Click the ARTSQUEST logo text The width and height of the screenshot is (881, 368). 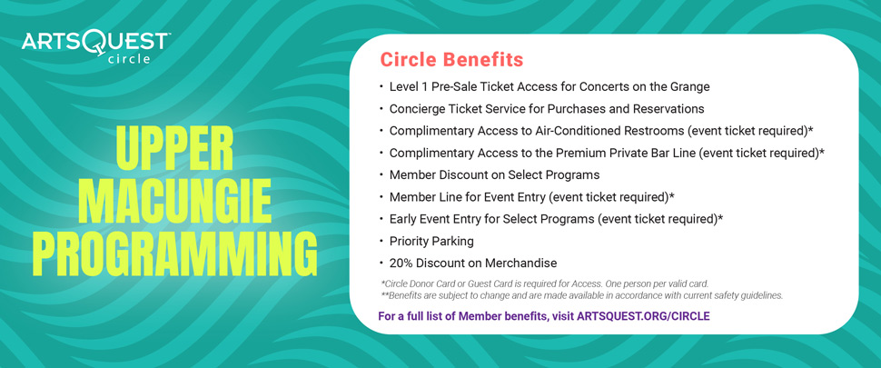95,43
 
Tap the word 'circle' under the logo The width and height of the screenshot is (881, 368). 130,59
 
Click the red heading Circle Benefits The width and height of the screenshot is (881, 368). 451,60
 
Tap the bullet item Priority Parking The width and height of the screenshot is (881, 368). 431,242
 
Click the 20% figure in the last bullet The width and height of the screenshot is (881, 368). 401,263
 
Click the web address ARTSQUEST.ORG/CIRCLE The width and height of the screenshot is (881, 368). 643,315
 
